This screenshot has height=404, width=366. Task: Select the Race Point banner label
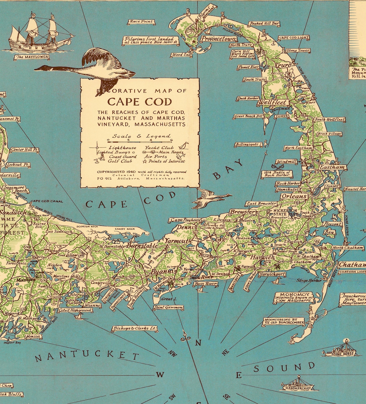pyautogui.click(x=141, y=22)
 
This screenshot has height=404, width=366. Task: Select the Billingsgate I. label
pyautogui.click(x=248, y=144)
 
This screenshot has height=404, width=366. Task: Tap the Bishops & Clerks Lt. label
pyautogui.click(x=135, y=328)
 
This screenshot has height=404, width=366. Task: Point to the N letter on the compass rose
pyautogui.click(x=198, y=343)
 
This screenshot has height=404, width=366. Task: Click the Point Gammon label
pyautogui.click(x=168, y=308)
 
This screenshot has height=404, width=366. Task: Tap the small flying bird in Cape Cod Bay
pyautogui.click(x=210, y=198)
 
